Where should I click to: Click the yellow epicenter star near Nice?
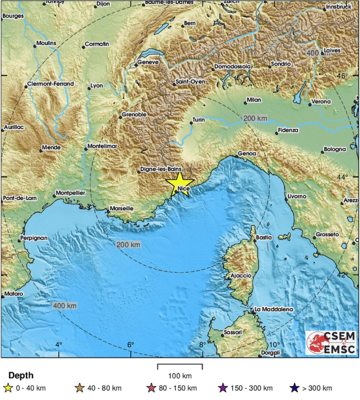pos(179,183)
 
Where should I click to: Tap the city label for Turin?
pos(199,120)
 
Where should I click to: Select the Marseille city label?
pos(121,208)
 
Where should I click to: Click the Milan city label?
pos(254,100)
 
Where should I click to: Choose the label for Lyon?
pos(97,86)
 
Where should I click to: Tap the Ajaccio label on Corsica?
pos(241,276)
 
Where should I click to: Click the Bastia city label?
pos(264,238)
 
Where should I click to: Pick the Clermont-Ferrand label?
pos(50,84)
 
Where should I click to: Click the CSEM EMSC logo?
pos(331,342)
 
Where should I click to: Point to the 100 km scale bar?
pos(180,367)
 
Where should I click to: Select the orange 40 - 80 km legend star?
pos(80,388)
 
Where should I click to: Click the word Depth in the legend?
pos(21,375)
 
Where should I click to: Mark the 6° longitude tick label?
pos(130,345)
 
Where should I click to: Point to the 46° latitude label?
pos(342,76)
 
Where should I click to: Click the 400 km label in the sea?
pos(65,306)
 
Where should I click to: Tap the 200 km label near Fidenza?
pos(255,118)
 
